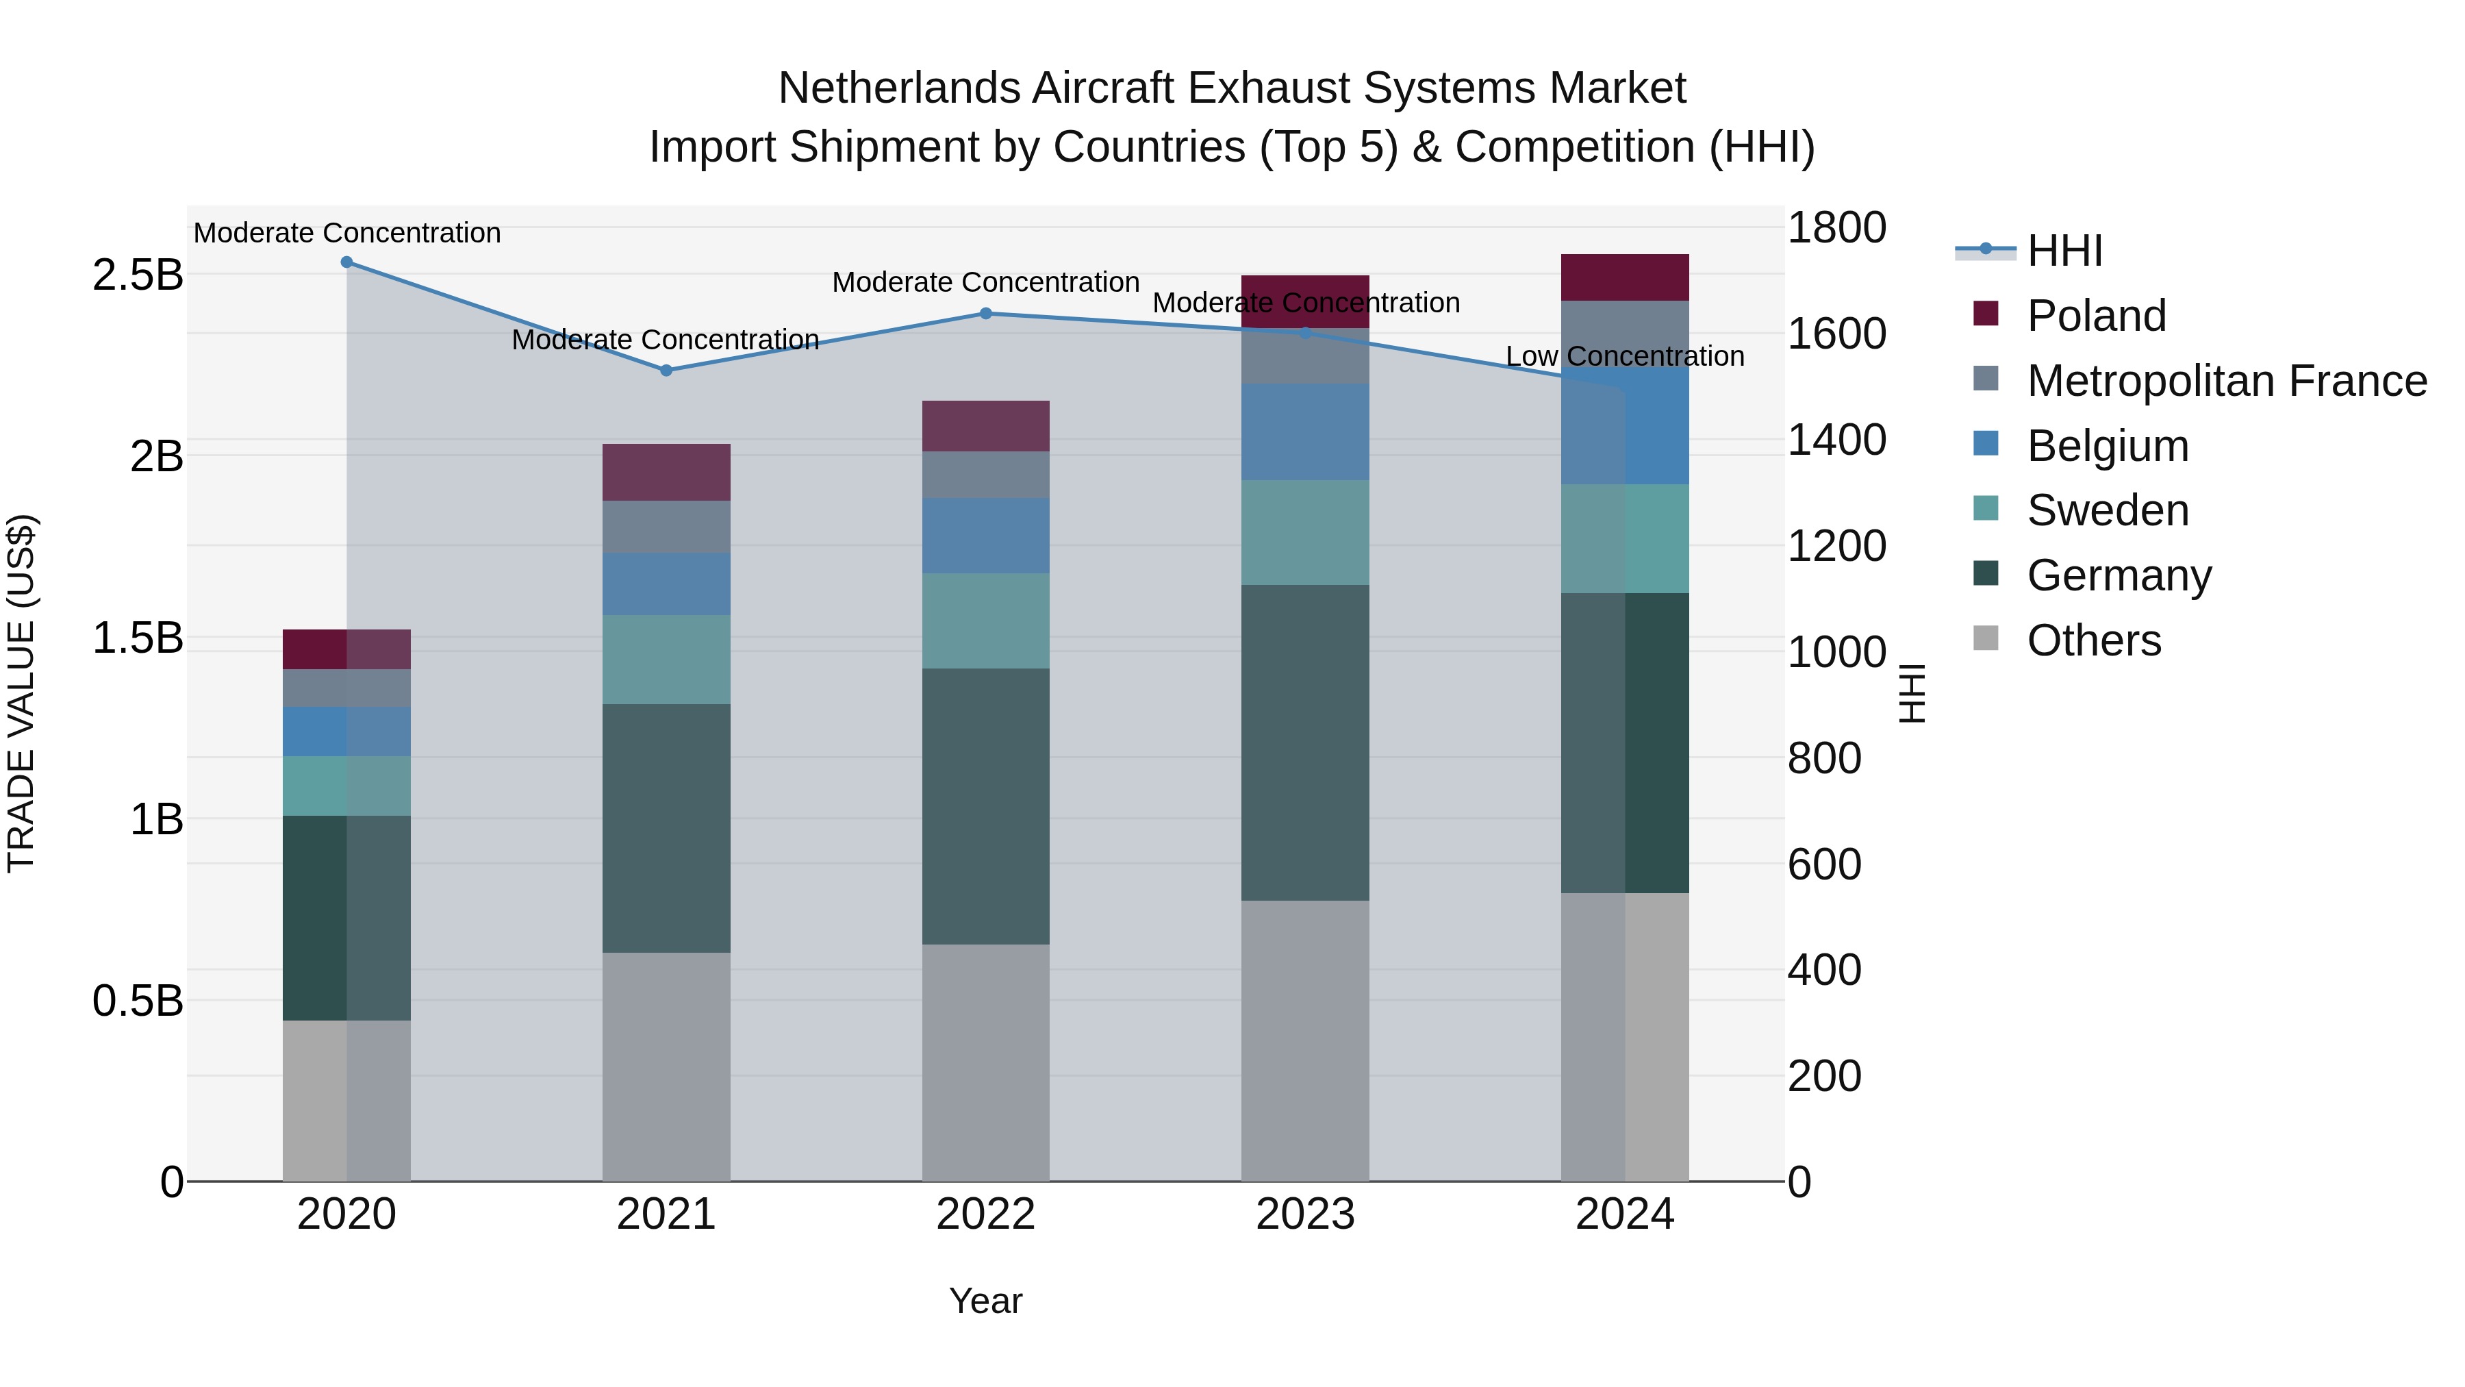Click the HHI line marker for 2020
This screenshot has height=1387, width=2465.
coord(346,262)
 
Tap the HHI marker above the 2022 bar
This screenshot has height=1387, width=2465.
coord(985,313)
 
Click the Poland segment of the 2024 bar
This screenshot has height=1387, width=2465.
coord(1625,277)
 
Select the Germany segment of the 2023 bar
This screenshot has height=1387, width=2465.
coord(1305,742)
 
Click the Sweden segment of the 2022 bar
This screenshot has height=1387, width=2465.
coord(985,621)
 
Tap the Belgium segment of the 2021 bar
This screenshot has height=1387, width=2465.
coord(666,583)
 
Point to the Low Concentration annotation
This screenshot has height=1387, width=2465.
coord(1625,356)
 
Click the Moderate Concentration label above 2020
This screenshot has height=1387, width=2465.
coord(346,233)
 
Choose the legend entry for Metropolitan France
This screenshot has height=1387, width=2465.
coord(2226,381)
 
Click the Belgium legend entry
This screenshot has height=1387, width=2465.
coord(2106,446)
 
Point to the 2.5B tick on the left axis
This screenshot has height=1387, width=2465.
coord(138,275)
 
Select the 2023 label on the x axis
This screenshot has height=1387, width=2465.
coord(1305,1214)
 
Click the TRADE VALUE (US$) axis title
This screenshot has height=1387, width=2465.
coord(21,693)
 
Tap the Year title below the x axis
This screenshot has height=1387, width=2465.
coord(985,1301)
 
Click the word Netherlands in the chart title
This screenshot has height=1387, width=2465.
coord(898,88)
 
